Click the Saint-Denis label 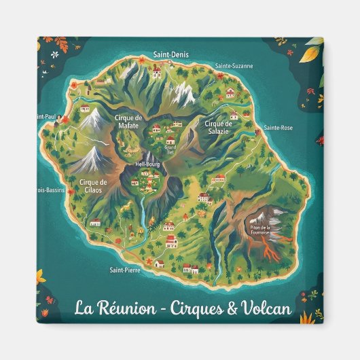tap(171, 54)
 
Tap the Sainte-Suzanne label tap(234, 66)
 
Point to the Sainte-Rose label tap(278, 128)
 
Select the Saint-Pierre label tap(124, 270)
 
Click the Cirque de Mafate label tap(128, 121)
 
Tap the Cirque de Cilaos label tap(93, 185)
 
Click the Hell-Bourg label tap(147, 164)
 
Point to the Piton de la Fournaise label tap(259, 229)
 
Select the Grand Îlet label tap(170, 148)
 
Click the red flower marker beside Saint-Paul tap(58, 120)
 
